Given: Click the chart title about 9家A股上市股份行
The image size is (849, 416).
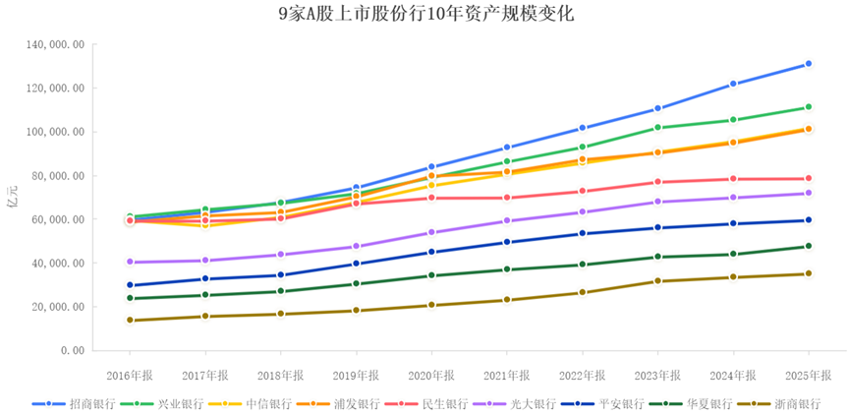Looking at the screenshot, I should [x=425, y=14].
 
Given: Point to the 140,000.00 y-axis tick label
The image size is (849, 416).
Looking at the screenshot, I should [x=57, y=45].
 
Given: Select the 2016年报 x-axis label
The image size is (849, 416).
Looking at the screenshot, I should [x=130, y=375].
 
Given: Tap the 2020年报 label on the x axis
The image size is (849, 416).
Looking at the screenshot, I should [x=431, y=375].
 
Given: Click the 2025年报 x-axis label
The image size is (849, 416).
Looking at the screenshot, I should [x=808, y=375].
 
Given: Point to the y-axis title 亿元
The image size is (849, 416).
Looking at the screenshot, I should [x=12, y=196].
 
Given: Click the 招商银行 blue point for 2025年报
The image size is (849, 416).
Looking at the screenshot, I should [x=808, y=64].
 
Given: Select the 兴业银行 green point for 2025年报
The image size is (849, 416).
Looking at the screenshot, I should [x=808, y=107].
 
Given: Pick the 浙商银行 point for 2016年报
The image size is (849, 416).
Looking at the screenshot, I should [x=130, y=321].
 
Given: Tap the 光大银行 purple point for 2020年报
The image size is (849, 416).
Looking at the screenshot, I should [x=431, y=233].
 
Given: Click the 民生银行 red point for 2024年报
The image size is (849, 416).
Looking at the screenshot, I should [x=732, y=179].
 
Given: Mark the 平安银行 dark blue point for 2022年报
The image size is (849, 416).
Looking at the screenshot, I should [x=582, y=234].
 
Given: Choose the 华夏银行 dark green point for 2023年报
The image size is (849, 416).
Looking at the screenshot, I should [x=657, y=258].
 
